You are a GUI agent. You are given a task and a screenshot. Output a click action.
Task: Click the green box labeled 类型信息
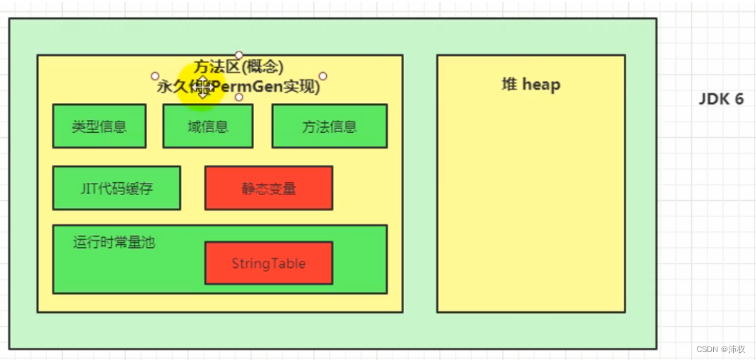pyautogui.click(x=99, y=126)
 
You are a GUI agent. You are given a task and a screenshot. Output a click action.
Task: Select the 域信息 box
pyautogui.click(x=208, y=126)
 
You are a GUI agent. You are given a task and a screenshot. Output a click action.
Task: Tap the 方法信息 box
pyautogui.click(x=329, y=126)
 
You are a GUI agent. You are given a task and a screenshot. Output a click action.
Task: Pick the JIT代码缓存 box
pyautogui.click(x=116, y=188)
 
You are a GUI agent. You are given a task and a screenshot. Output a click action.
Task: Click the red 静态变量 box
pyautogui.click(x=268, y=188)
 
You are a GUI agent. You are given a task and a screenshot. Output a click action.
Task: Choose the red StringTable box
pyautogui.click(x=268, y=263)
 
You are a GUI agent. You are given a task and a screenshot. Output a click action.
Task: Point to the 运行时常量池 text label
pyautogui.click(x=114, y=242)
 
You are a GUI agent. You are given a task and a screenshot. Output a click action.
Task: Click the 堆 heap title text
pyautogui.click(x=530, y=84)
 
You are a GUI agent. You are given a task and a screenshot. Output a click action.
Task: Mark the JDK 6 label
pyautogui.click(x=721, y=99)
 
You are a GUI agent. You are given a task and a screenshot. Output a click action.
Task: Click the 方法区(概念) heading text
pyautogui.click(x=238, y=67)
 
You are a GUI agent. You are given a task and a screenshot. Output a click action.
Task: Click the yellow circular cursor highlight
pyautogui.click(x=202, y=86)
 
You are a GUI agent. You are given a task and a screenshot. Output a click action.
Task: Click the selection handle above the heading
pyautogui.click(x=239, y=55)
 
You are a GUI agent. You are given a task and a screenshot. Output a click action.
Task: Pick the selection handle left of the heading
pyautogui.click(x=155, y=76)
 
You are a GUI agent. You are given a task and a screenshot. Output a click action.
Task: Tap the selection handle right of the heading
pyautogui.click(x=323, y=76)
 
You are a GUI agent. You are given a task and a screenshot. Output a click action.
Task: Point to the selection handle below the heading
pyautogui.click(x=239, y=97)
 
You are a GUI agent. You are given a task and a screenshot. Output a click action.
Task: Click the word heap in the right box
pyautogui.click(x=541, y=84)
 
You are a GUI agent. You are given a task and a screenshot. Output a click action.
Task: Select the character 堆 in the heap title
pyautogui.click(x=510, y=84)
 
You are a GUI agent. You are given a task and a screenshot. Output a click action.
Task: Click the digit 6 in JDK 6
pyautogui.click(x=739, y=99)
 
